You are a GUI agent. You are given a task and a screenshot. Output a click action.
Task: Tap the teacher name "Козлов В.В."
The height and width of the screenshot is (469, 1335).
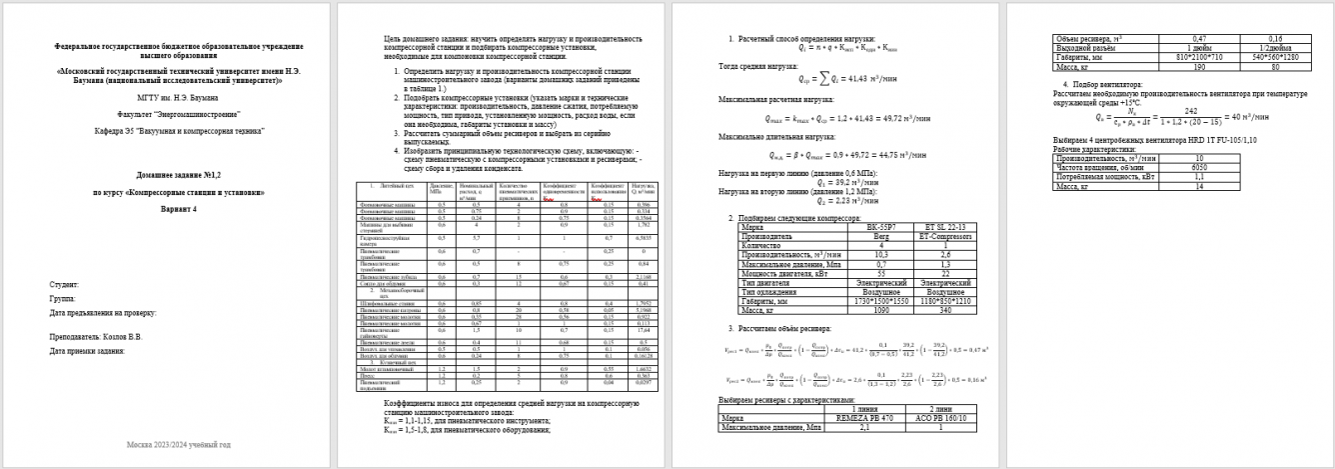(120, 336)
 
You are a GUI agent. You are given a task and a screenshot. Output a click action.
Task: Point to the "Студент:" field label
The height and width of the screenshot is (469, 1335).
(63, 285)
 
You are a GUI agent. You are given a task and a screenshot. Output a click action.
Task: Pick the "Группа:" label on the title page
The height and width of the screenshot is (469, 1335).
(62, 298)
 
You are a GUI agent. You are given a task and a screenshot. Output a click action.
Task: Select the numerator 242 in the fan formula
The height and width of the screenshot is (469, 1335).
(1182, 110)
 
